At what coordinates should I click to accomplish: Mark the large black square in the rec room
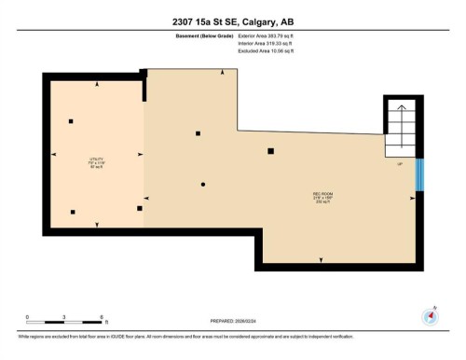271,150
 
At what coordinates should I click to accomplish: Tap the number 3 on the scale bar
64,315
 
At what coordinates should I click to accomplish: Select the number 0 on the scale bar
28,315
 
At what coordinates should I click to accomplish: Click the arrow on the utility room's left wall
53,154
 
